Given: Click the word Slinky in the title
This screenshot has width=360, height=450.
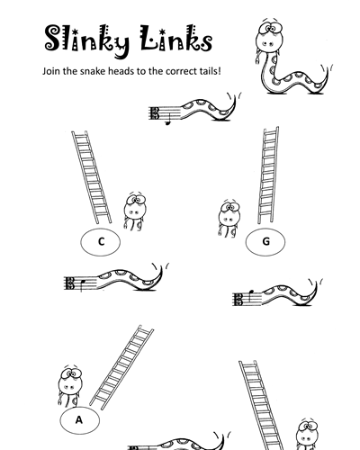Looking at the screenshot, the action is pos(87,40).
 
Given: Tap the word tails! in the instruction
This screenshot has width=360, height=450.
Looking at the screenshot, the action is pos(210,71).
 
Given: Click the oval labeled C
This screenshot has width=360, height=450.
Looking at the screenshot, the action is pos(101,242).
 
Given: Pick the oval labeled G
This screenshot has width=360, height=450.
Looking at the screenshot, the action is pos(265,242).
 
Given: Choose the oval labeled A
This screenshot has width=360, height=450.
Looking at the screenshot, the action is pos(79,420).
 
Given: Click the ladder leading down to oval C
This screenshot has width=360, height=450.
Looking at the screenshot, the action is pos(92,177).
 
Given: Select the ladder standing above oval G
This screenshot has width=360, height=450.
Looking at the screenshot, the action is pos(268,175).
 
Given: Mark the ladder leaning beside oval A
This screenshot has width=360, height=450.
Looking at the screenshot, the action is pos(121,367).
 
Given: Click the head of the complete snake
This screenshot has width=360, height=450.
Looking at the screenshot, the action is pos(270,36).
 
